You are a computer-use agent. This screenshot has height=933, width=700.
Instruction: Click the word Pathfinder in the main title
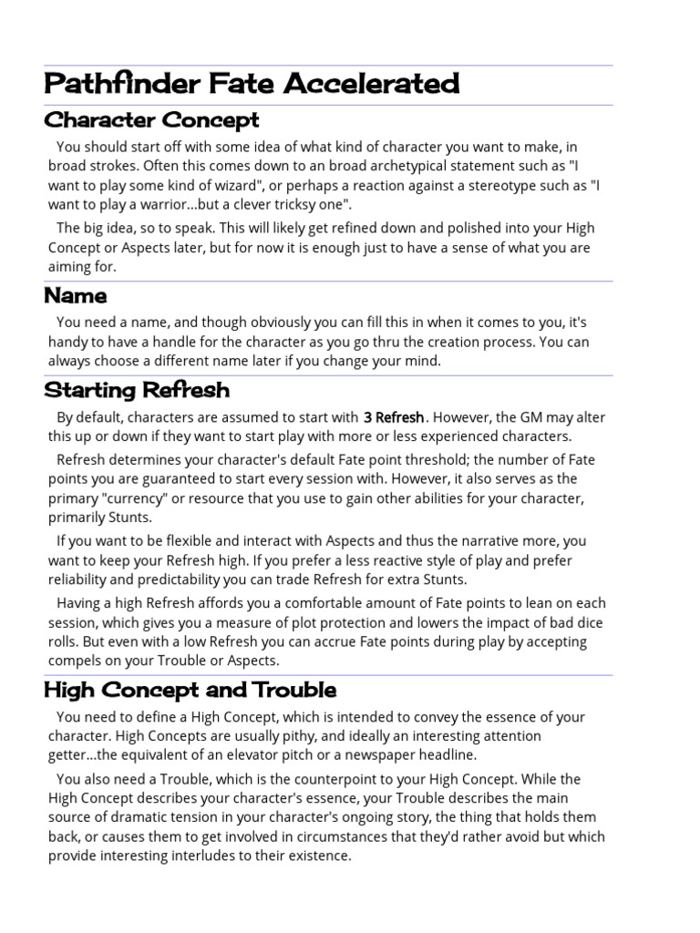point(108,85)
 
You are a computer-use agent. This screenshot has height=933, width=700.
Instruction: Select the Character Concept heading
point(151,120)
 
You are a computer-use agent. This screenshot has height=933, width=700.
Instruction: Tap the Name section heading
point(76,296)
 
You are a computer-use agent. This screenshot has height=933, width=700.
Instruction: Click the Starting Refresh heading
point(137,391)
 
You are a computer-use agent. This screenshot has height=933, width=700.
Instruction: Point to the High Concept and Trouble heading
point(190,690)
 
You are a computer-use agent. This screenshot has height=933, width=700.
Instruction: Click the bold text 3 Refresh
point(394,418)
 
